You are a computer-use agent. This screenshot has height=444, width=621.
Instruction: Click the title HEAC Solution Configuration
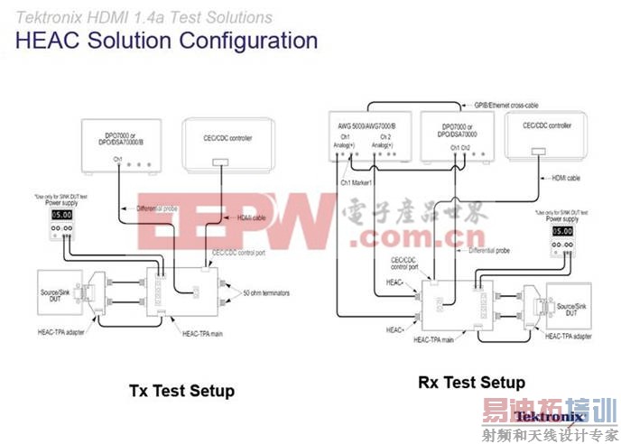(167, 41)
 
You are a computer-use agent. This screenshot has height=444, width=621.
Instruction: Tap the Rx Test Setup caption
(471, 382)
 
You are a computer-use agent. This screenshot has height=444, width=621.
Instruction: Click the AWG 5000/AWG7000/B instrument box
(370, 135)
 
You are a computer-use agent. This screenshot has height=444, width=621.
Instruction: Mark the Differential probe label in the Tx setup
(157, 208)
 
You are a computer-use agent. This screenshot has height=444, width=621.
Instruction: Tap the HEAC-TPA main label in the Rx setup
(435, 340)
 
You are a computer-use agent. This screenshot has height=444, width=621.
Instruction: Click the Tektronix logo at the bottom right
(540, 417)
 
